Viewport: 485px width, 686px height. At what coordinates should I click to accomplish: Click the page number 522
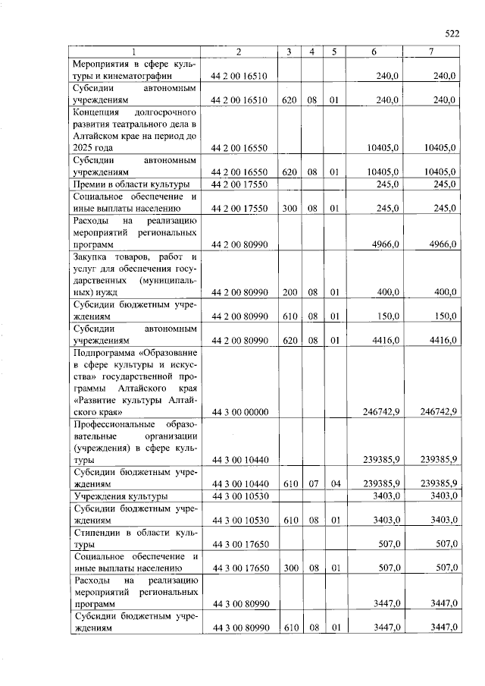click(x=452, y=34)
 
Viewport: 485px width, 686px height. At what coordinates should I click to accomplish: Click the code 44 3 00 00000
click(x=239, y=411)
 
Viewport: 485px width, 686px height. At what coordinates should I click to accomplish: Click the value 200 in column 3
click(x=289, y=292)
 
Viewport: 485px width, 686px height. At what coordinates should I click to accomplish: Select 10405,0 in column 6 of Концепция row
click(x=383, y=148)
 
